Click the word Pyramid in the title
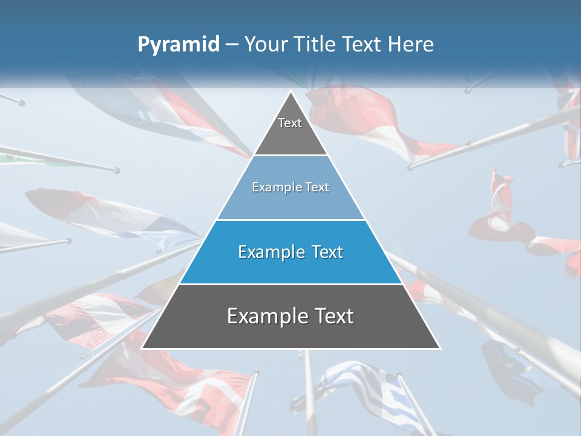[x=179, y=45]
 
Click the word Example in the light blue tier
[x=271, y=187]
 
